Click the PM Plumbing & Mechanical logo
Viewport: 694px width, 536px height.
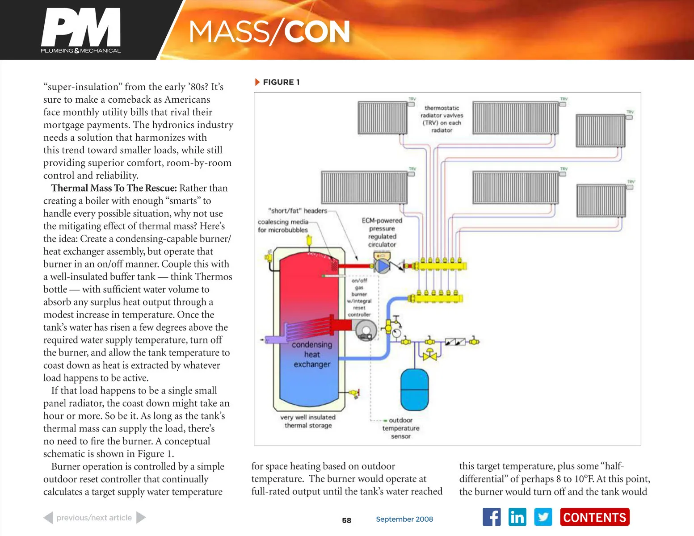click(x=81, y=30)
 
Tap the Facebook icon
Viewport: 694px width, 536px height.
click(x=492, y=517)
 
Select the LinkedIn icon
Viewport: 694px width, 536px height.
click(x=517, y=517)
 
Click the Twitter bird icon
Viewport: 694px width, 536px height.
click(x=543, y=517)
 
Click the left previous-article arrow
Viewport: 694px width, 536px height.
click(x=48, y=518)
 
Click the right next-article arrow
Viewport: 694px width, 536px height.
click(x=141, y=518)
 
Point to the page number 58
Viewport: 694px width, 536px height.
click(x=347, y=520)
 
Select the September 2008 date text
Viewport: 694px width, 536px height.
click(x=404, y=519)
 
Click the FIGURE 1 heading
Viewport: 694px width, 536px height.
click(x=281, y=82)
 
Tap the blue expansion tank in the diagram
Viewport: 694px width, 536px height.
click(x=414, y=389)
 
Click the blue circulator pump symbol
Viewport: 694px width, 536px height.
click(x=382, y=267)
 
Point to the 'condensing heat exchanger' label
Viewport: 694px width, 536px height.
click(x=312, y=355)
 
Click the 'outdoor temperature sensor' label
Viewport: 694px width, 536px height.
click(x=401, y=428)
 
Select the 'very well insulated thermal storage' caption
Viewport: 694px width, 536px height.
click(x=308, y=421)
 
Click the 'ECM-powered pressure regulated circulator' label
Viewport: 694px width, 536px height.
click(x=382, y=232)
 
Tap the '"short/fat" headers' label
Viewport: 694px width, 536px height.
click(x=298, y=211)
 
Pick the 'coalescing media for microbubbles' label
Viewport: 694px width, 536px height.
click(x=283, y=226)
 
